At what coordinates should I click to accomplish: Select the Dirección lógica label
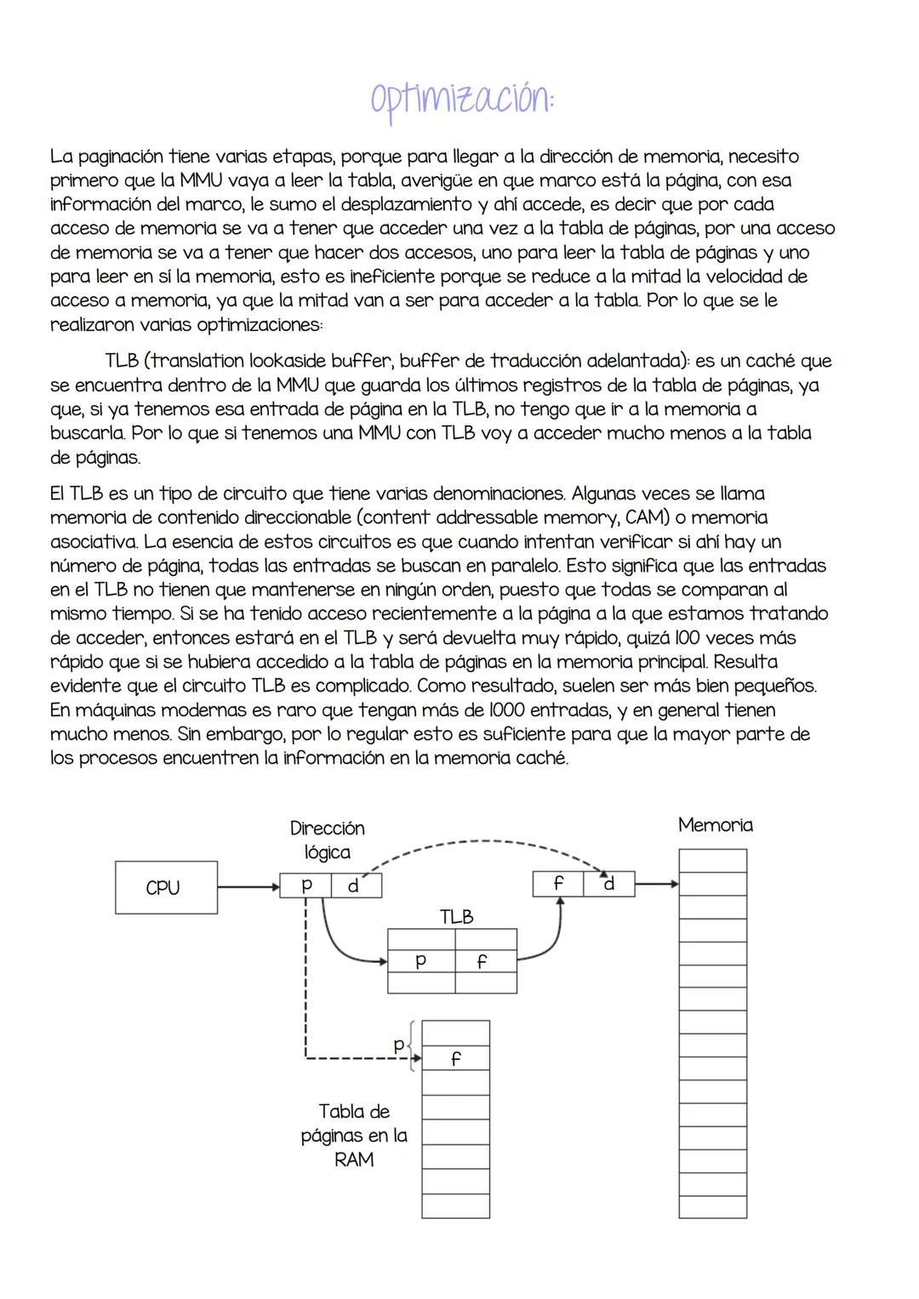point(327,840)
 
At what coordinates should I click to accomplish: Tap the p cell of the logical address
point(305,886)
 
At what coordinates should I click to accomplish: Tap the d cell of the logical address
point(354,886)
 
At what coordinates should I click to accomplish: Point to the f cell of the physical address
point(558,884)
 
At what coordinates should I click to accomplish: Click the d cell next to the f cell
point(608,884)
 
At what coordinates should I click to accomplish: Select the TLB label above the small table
point(456,917)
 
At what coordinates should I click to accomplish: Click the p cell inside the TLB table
point(420,960)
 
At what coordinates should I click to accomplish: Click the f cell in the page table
point(455,1058)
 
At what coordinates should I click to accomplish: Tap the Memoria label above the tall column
point(715,824)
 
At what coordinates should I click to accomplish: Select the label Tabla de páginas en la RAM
point(354,1135)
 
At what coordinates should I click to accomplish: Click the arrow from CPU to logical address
point(248,886)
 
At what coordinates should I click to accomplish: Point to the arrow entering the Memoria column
point(656,884)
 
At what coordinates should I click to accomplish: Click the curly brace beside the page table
point(413,1045)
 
